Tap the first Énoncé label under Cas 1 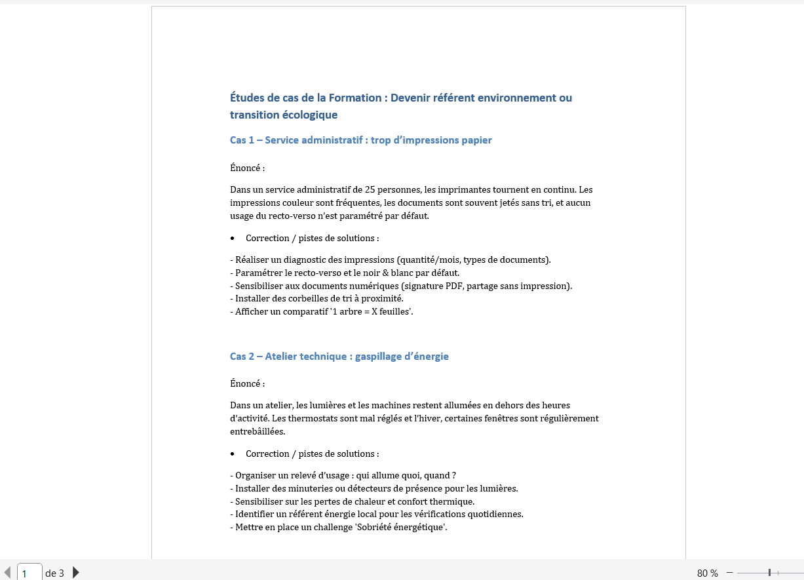point(247,168)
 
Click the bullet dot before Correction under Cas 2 point(233,454)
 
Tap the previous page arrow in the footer point(7,572)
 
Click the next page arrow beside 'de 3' point(76,572)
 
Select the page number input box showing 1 point(29,572)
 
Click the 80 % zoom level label point(707,573)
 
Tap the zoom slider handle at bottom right point(769,573)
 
